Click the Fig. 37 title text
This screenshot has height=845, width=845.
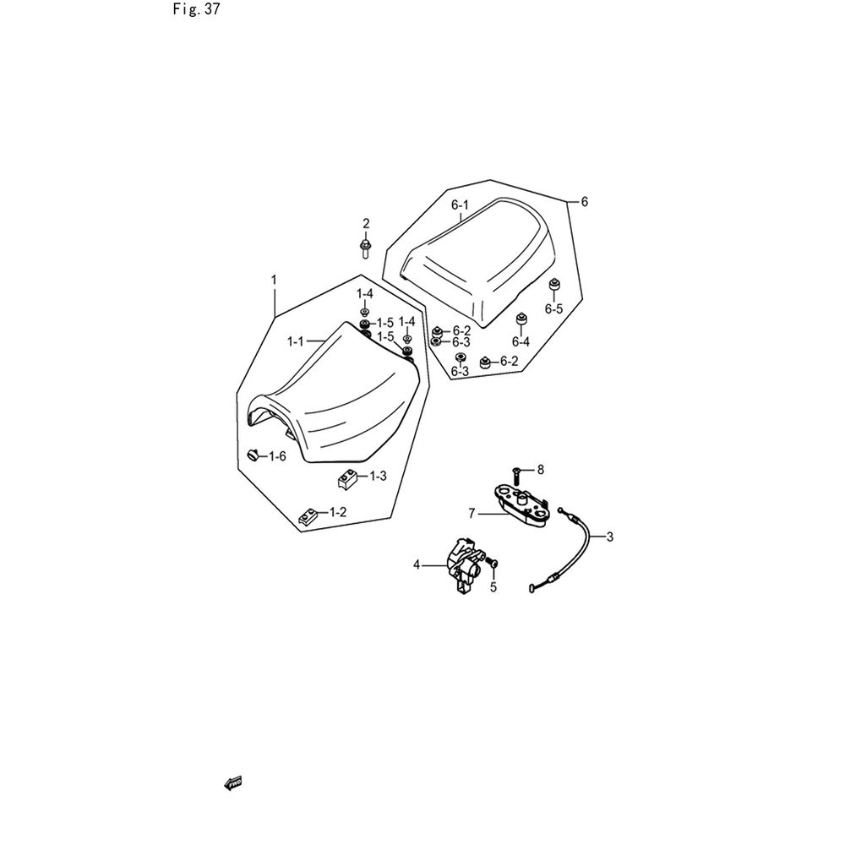pos(196,9)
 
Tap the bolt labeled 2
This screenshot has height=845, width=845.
pos(365,249)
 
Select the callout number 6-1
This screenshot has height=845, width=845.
pos(460,205)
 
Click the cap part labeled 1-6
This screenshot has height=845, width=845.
pos(253,455)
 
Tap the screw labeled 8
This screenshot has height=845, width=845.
pos(516,474)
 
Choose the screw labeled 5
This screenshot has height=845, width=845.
pos(493,564)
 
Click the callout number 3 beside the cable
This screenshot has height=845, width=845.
pos(609,537)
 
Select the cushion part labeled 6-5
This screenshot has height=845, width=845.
pos(553,284)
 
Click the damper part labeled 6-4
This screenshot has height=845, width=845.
pos(521,319)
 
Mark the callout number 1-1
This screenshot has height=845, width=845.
pos(295,341)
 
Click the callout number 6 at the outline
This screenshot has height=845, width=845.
pos(585,202)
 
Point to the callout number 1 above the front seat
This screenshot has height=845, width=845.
pos(274,280)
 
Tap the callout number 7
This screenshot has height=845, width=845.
pos(472,514)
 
